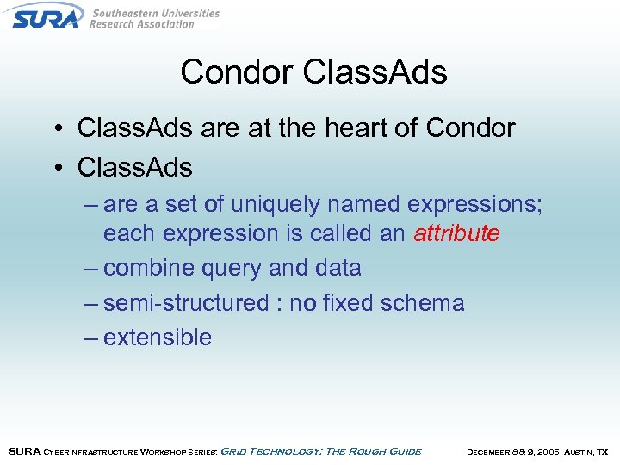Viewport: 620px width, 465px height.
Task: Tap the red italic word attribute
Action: (456, 233)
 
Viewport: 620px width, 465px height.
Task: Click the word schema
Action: (422, 303)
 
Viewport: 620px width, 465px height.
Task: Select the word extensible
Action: (158, 338)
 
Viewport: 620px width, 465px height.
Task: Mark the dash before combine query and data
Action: (91, 269)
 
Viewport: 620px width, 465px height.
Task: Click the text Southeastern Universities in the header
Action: (155, 13)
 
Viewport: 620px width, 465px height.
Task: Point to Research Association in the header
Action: (142, 24)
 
